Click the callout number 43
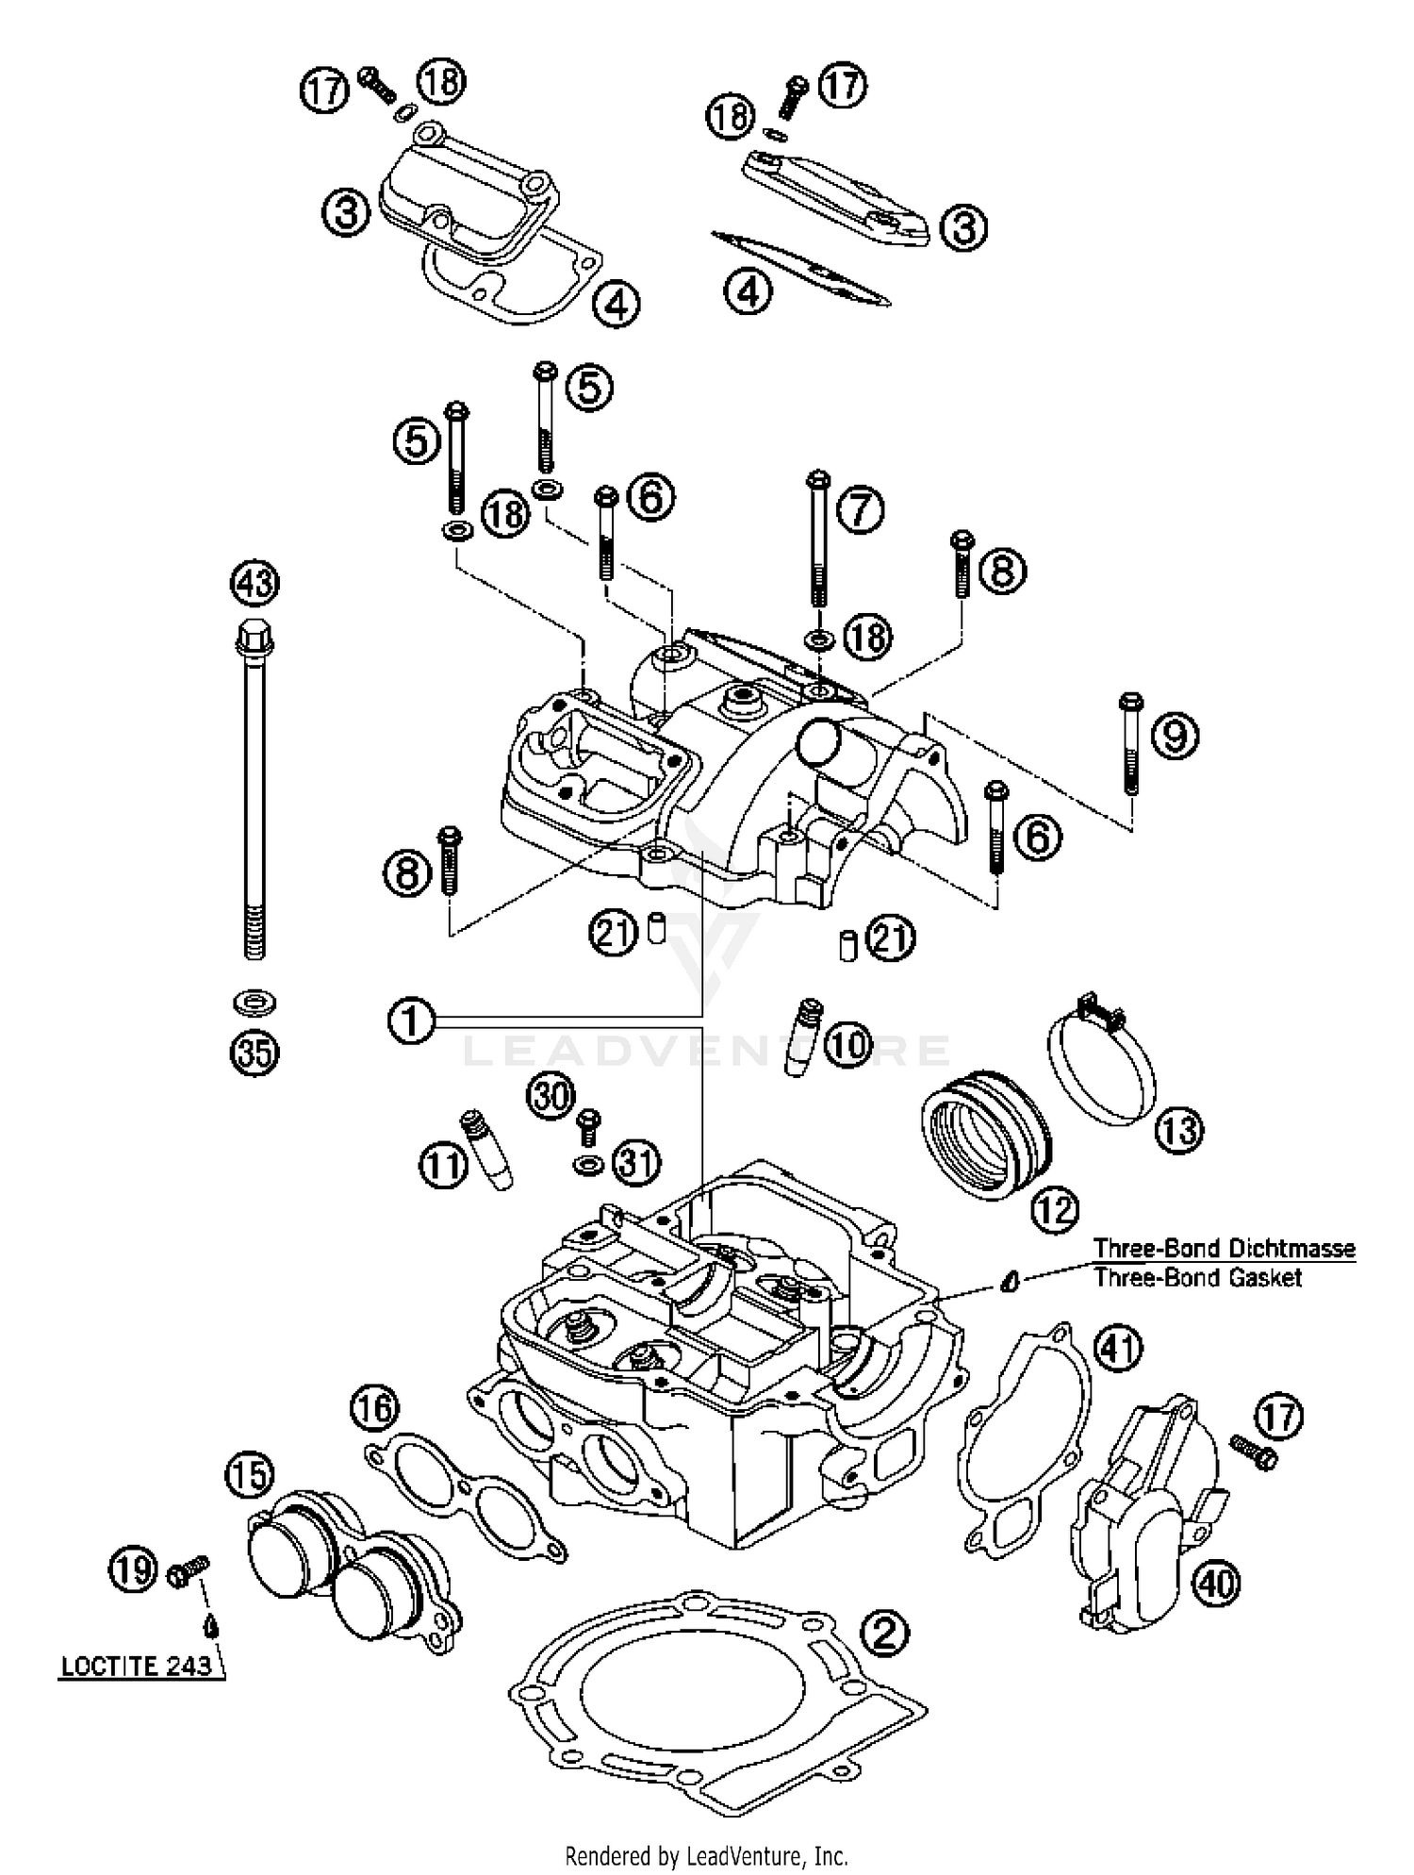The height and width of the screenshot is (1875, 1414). tap(255, 583)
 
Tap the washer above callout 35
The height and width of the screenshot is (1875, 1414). tap(254, 1003)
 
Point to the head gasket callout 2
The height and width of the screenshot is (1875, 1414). tap(884, 1633)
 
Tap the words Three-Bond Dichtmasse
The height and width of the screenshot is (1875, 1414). tap(1224, 1248)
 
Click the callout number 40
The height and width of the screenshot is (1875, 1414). tap(1216, 1583)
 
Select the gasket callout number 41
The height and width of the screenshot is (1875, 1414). tap(1117, 1350)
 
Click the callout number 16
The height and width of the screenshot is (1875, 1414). tap(374, 1409)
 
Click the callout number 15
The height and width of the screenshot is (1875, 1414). tap(250, 1475)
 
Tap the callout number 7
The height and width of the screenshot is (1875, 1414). tap(859, 510)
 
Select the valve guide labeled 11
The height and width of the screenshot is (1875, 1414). tap(486, 1151)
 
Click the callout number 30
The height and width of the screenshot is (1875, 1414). tap(551, 1096)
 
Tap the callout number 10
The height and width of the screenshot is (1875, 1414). tap(848, 1045)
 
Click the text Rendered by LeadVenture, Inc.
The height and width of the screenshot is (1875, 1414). tap(707, 1856)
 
